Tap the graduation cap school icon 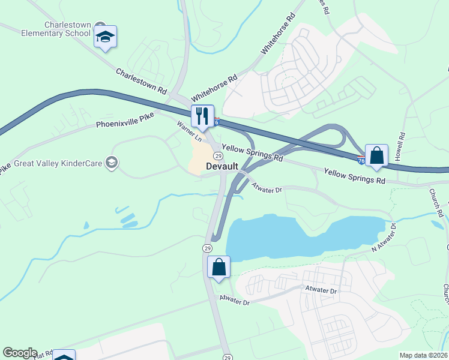106,37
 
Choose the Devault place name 223,166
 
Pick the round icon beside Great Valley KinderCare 111,162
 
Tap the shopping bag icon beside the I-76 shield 376,156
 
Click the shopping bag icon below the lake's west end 218,267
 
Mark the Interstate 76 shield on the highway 361,160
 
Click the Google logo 20,353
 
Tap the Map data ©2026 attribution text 424,355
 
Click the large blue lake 288,237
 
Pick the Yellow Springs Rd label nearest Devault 252,152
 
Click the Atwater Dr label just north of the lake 267,188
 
